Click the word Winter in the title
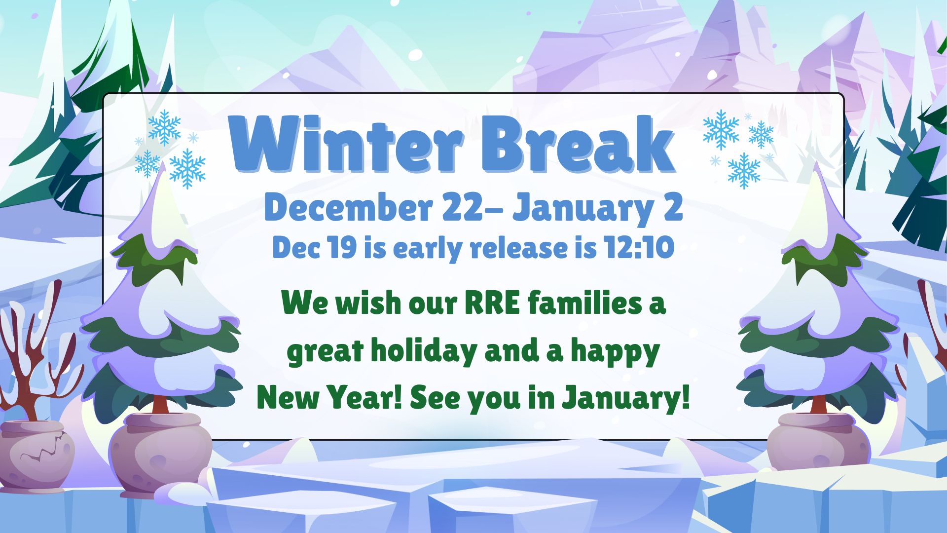(x=345, y=144)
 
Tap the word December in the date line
(x=348, y=207)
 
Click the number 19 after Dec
(x=342, y=247)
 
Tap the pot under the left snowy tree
(x=160, y=454)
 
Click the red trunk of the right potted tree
(x=818, y=405)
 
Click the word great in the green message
(x=325, y=351)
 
